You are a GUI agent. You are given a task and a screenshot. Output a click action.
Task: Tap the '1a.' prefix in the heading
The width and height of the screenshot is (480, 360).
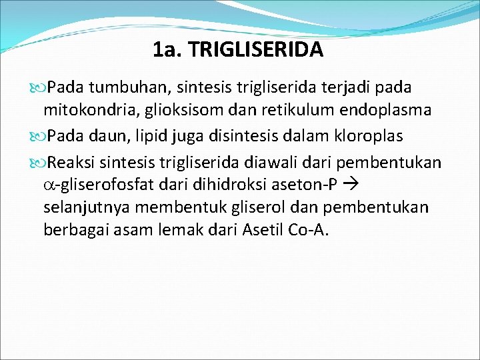click(x=167, y=49)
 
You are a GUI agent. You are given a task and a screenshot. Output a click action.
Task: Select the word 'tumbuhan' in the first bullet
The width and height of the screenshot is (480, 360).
click(x=119, y=87)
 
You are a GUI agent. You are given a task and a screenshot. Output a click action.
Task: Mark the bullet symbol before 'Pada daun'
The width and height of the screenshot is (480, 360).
click(x=40, y=136)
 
